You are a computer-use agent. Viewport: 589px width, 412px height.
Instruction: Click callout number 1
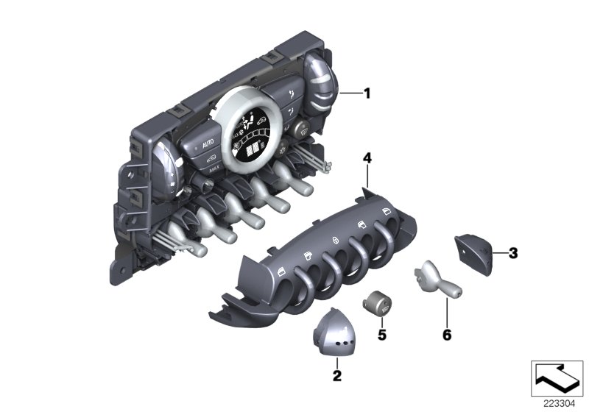click(x=367, y=93)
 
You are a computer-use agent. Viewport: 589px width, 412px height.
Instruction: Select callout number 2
click(x=337, y=375)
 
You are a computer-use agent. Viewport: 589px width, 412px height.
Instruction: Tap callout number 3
click(x=512, y=253)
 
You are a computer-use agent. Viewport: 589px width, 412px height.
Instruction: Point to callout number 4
click(x=367, y=158)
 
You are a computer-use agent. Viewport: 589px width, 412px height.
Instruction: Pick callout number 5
click(x=381, y=335)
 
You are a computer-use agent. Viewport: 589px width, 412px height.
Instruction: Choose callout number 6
click(x=447, y=334)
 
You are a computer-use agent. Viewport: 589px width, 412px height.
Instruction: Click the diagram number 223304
click(x=560, y=404)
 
